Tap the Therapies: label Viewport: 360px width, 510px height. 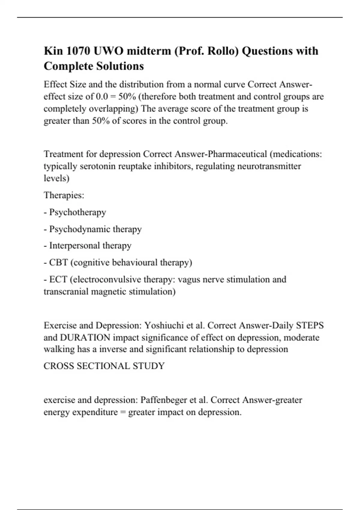pyautogui.click(x=64, y=195)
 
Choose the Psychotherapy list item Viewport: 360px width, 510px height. pyautogui.click(x=78, y=212)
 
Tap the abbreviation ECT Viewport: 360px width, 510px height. pyautogui.click(x=58, y=280)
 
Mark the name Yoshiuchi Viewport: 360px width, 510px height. pyautogui.click(x=164, y=325)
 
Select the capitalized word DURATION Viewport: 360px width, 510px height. pyautogui.click(x=85, y=338)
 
